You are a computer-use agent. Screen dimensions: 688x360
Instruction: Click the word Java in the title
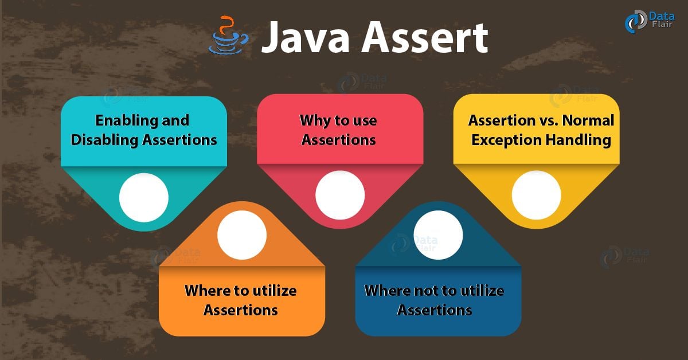(306, 37)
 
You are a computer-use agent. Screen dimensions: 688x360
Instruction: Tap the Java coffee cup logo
(229, 35)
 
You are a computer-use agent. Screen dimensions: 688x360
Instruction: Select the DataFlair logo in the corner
(650, 21)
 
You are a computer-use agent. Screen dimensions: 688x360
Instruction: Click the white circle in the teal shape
(144, 197)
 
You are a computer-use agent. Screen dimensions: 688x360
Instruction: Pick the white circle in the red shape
(340, 195)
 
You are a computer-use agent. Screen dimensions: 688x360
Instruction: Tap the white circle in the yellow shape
(536, 195)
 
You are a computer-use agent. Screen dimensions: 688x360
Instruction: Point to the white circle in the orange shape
(242, 235)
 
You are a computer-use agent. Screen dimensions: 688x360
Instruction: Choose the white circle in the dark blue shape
(438, 235)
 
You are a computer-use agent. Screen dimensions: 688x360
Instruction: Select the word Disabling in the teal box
(104, 140)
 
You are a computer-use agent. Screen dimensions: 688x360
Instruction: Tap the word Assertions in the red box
(338, 140)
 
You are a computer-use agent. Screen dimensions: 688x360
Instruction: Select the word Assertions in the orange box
(240, 310)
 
